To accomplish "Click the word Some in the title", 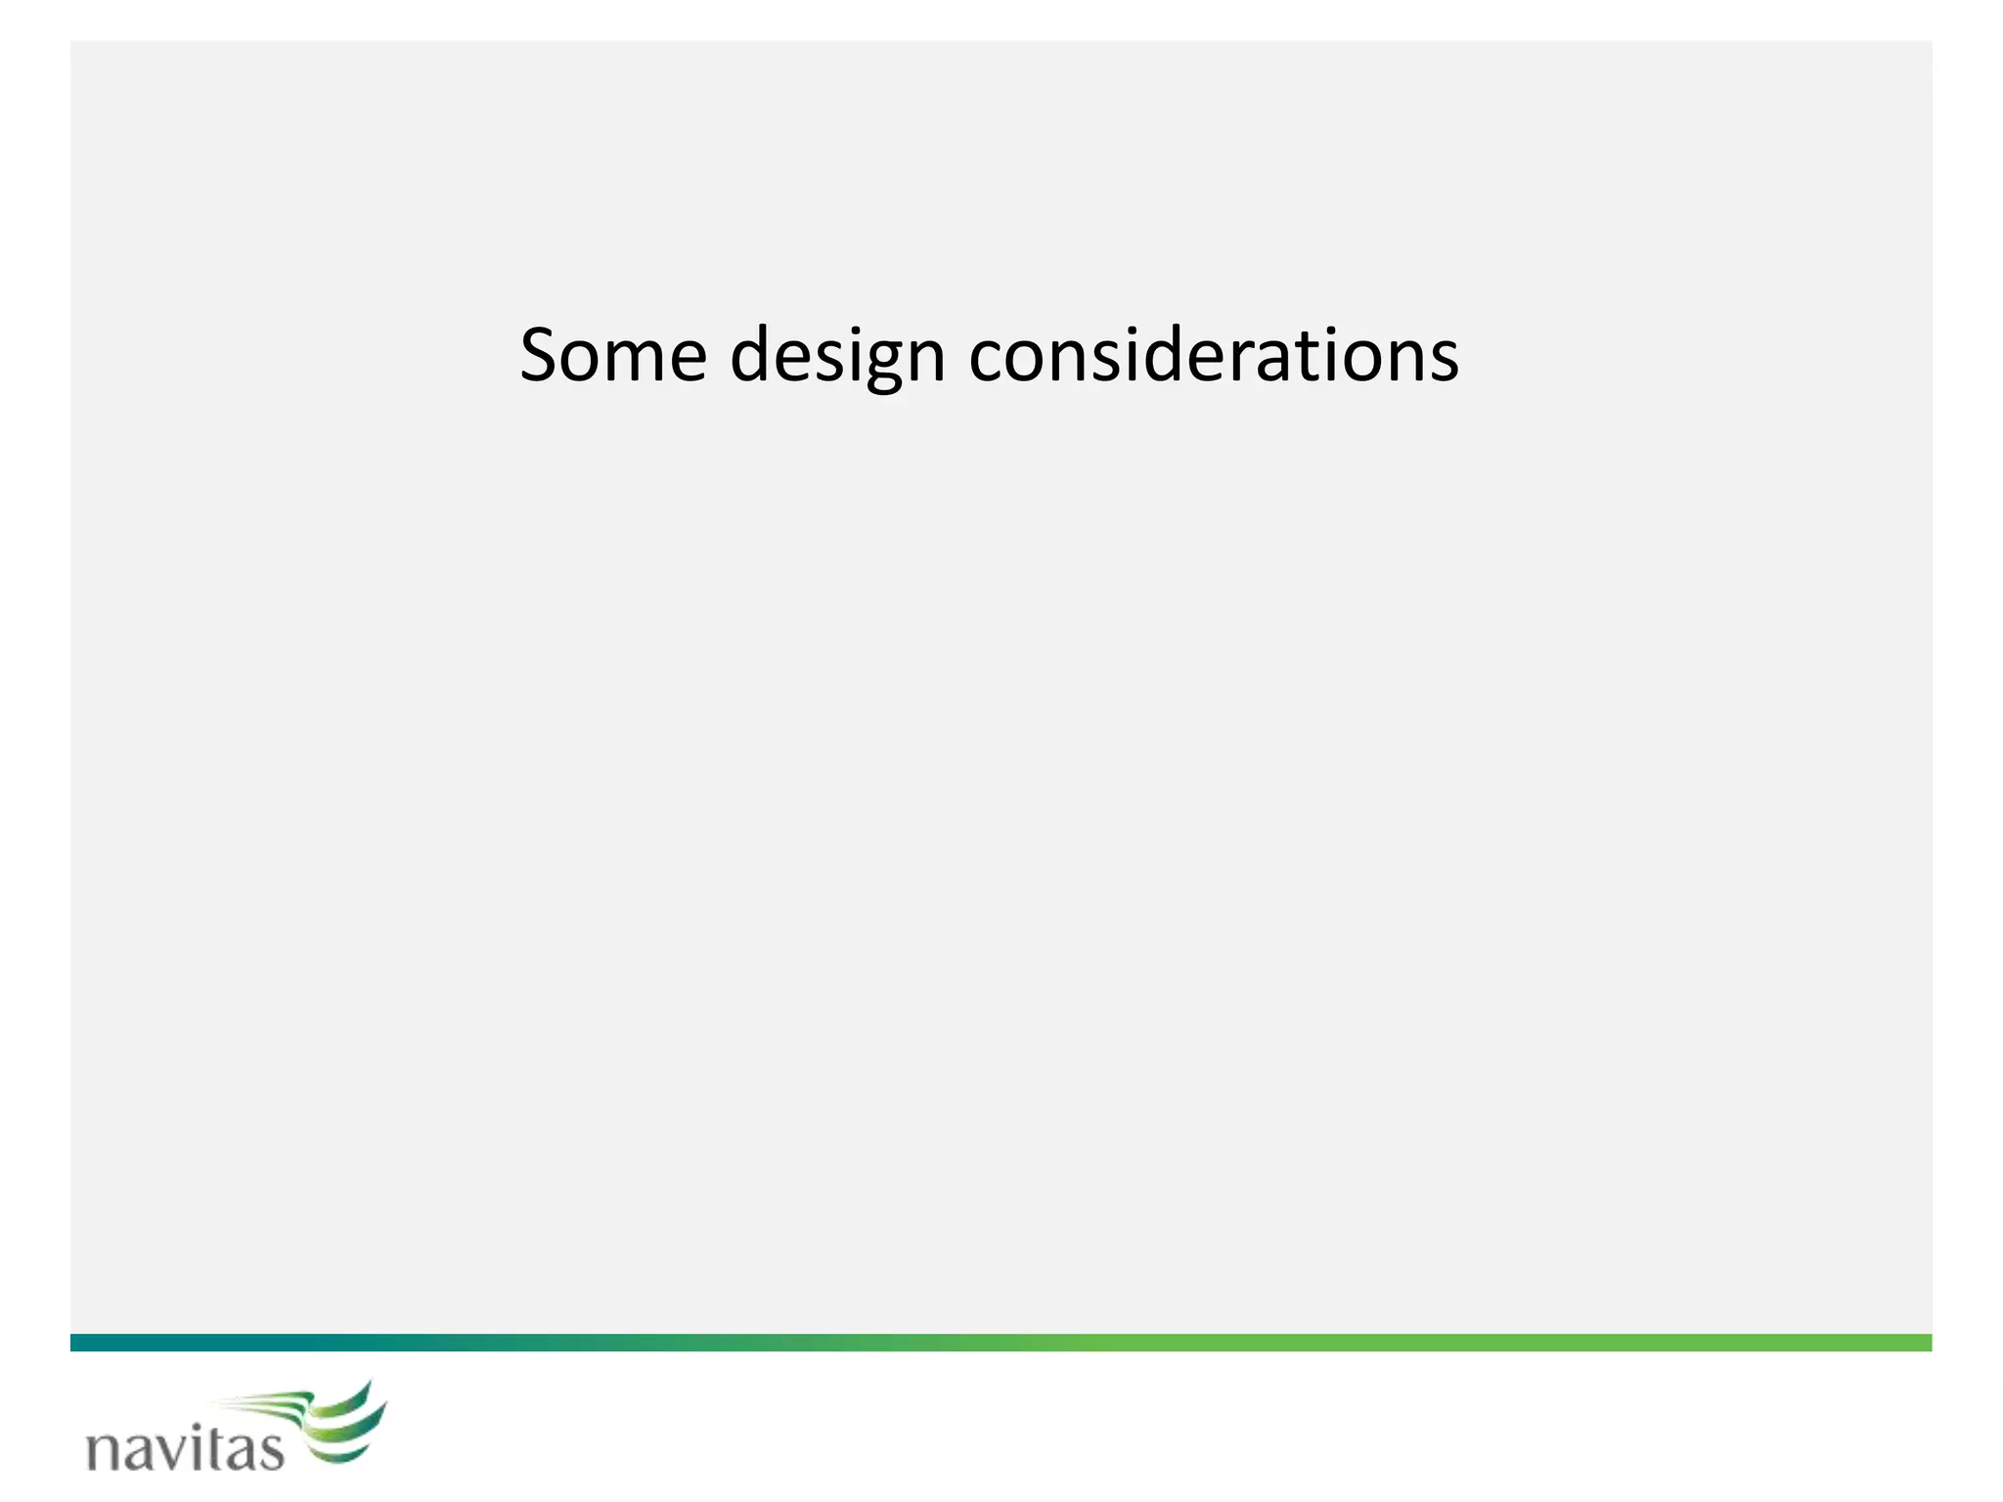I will point(613,356).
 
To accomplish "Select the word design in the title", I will point(837,356).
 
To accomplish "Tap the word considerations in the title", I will point(1214,356).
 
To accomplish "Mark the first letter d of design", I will point(753,356).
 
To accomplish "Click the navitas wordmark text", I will point(186,1447).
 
